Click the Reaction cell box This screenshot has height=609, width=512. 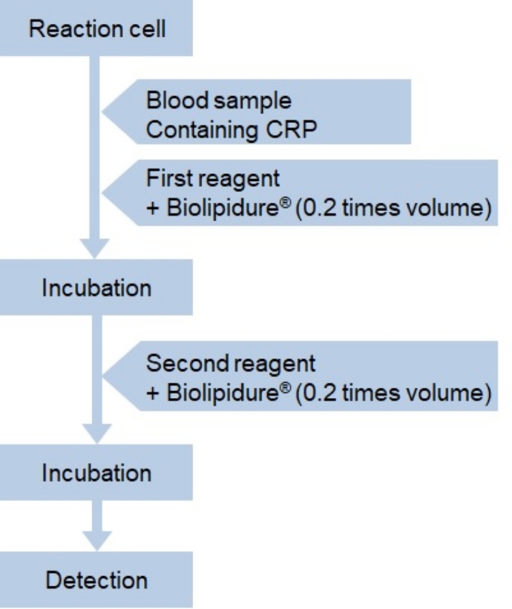pos(96,28)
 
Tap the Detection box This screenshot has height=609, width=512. pos(96,580)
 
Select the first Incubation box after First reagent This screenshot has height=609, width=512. pos(96,287)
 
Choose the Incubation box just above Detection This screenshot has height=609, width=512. pos(96,472)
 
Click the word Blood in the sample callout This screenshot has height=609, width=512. pos(177,100)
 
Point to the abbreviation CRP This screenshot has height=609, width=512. pos(291,129)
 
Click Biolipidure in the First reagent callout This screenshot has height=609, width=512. pos(223,208)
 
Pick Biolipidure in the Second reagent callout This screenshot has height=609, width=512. pos(223,393)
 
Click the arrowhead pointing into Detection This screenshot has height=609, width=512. pos(97,541)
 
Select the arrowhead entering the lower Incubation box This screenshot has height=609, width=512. pos(97,434)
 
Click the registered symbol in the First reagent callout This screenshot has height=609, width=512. pos(285,201)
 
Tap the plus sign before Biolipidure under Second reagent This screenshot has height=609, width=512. pos(153,393)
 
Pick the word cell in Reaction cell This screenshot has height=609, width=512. pos(147,29)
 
